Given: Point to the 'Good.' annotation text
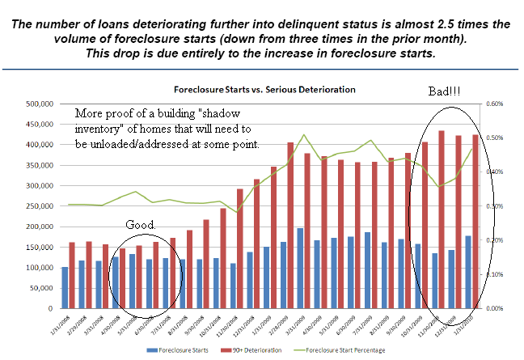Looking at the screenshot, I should point(142,223).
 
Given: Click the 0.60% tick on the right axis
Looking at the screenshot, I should point(494,104).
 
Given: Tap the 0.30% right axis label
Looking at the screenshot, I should point(494,206).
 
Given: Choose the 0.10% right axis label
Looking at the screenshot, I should point(494,274).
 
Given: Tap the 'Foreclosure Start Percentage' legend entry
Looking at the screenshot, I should point(349,349).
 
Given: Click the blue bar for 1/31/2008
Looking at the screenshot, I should point(65,287).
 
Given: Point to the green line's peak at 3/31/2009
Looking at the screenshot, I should point(303,134).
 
